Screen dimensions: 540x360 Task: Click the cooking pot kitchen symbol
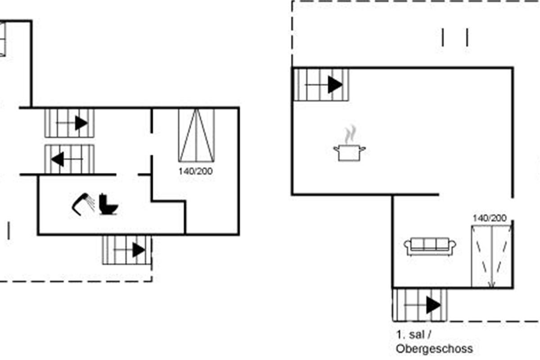[349, 153]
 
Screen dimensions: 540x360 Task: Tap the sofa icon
[430, 247]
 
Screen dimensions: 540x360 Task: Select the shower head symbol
[83, 204]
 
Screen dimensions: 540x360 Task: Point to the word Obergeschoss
[434, 349]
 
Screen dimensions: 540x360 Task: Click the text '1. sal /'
[414, 335]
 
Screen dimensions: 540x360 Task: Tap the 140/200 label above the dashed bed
[490, 218]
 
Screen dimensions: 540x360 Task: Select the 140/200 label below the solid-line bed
[195, 171]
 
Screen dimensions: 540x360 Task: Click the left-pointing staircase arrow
[67, 159]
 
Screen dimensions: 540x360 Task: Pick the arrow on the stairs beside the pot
[324, 85]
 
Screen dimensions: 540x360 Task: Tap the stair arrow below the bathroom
[130, 250]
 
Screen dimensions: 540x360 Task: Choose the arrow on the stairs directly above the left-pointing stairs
[72, 123]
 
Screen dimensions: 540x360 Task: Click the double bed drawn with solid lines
[197, 135]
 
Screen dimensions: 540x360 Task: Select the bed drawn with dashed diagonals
[491, 256]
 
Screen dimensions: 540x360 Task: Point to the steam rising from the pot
[350, 135]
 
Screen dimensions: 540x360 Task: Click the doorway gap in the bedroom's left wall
[152, 144]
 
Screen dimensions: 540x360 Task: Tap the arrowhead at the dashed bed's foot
[492, 285]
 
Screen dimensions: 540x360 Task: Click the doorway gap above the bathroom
[127, 175]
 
